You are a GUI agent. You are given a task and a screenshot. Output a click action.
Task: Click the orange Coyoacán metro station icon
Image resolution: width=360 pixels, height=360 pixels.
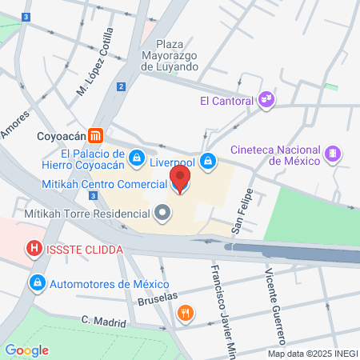pos(95,135)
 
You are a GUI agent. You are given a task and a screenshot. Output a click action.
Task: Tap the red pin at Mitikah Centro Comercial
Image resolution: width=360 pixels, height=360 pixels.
pos(180,179)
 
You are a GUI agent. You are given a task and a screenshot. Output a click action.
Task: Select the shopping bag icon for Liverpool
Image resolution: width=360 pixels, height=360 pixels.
pos(208,162)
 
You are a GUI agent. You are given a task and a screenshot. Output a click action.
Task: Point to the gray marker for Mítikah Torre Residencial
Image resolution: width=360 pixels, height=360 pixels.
pos(162,214)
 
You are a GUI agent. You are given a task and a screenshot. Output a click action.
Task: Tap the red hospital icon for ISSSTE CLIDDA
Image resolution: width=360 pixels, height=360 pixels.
pos(34,250)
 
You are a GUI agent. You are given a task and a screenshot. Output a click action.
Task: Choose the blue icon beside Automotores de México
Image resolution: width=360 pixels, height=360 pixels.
pos(37,283)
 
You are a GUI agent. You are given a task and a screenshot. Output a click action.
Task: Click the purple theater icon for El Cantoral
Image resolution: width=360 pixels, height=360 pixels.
pos(266,101)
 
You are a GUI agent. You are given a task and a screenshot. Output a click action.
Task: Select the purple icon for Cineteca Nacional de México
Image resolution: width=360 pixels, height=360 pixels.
pos(331,154)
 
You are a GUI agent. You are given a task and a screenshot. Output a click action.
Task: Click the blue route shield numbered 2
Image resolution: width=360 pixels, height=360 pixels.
pos(121,86)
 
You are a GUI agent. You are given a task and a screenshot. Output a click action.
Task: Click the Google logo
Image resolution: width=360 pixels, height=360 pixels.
pos(26,350)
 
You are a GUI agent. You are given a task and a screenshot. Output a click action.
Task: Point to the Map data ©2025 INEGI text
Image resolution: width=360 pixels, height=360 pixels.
pos(312,354)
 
